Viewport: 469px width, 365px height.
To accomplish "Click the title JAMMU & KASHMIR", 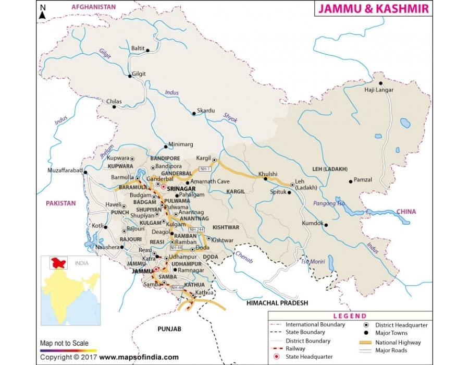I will point(374,9).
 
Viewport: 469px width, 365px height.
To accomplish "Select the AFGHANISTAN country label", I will point(93,7).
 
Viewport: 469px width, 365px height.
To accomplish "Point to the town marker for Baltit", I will point(148,51).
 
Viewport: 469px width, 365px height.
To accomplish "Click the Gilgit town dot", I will point(130,76).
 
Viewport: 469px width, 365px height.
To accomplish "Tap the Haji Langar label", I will point(379,90).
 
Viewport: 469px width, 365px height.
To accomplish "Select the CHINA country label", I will point(406,211).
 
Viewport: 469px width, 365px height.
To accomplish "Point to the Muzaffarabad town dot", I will point(86,172).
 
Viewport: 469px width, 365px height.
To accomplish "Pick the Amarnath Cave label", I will point(209,181).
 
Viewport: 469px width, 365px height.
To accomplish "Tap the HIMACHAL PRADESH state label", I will point(277,302).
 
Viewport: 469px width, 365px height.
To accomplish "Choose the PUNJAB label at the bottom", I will point(168,329).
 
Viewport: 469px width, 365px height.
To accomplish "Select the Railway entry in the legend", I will point(295,348).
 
